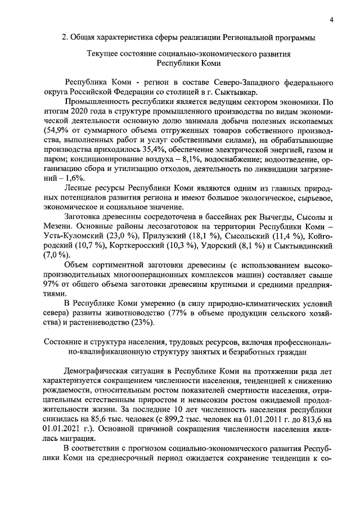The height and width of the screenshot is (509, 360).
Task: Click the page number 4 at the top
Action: (x=331, y=21)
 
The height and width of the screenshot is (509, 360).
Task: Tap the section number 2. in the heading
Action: (x=65, y=38)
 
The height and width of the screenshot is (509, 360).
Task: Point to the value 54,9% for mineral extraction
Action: (x=53, y=130)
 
